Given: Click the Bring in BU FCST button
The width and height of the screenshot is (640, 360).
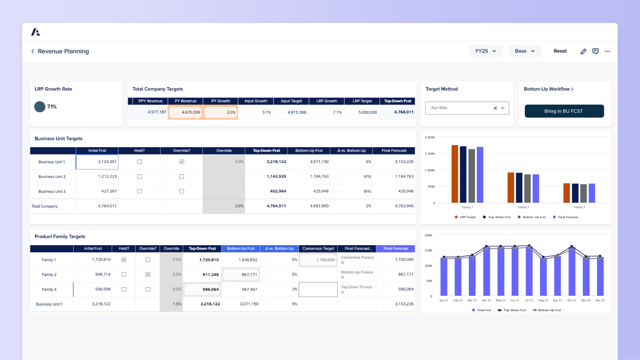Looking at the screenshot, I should tap(564, 111).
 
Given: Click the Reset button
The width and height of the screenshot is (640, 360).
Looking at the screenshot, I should tap(560, 51).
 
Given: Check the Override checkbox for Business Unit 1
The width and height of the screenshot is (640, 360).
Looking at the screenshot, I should tap(182, 162).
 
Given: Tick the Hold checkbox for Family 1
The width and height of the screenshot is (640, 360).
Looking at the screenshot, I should tap(124, 260).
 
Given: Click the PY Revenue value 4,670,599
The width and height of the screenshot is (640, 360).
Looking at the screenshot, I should tap(186, 112).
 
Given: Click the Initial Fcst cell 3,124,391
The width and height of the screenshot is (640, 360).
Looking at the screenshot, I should tap(97, 162).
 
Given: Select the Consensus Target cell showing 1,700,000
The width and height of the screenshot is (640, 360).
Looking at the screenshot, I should tap(318, 260).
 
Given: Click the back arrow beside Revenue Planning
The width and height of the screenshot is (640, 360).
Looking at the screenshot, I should tap(33, 51).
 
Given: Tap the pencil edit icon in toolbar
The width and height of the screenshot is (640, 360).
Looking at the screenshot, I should tap(583, 51).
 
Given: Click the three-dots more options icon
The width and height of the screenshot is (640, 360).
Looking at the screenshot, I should tap(607, 51).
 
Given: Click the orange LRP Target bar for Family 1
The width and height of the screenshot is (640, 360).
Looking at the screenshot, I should tap(455, 174).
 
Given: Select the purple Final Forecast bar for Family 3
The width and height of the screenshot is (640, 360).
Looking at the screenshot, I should tap(592, 193).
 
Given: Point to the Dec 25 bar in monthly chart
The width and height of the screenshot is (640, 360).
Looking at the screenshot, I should tap(600, 276).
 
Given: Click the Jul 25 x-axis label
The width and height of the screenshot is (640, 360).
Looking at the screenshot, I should tap(529, 300).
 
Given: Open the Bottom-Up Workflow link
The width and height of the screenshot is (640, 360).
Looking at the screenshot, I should tap(548, 89).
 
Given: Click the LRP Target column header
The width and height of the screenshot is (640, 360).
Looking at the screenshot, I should tap(362, 101).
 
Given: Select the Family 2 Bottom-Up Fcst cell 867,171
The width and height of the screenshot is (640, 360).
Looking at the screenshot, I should tap(241, 275).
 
